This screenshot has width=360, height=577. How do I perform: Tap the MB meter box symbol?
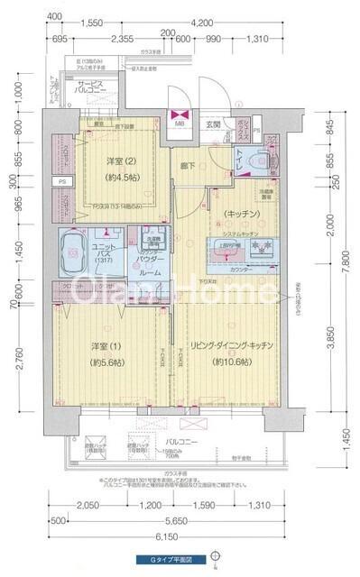180,118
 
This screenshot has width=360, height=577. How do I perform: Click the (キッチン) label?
235,214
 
